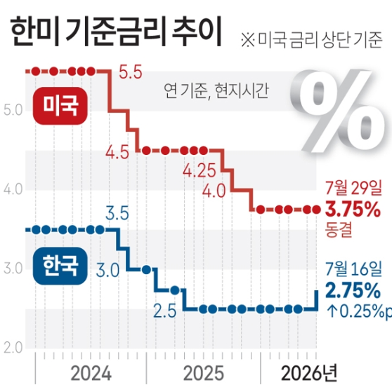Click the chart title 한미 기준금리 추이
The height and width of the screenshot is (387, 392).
(x=117, y=32)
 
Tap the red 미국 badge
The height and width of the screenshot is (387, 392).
(x=60, y=106)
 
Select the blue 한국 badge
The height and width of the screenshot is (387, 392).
(x=60, y=266)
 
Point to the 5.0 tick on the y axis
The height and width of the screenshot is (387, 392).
(x=13, y=110)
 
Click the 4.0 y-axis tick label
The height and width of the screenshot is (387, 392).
(x=13, y=189)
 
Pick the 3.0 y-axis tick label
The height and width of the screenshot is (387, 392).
(x=13, y=269)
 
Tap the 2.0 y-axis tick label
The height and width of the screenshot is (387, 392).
(x=13, y=348)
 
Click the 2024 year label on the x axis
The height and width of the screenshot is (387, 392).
(x=91, y=374)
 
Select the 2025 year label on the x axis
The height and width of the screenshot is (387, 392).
(x=204, y=374)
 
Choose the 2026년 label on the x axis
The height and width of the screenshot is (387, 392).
(x=309, y=373)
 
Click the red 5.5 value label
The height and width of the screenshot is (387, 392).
(x=130, y=72)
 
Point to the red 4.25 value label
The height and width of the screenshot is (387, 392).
(x=200, y=171)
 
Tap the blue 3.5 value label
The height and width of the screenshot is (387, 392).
(x=117, y=214)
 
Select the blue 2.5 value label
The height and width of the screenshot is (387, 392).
(x=165, y=311)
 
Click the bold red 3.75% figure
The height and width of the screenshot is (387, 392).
(x=353, y=210)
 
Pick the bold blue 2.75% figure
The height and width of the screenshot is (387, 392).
(x=353, y=291)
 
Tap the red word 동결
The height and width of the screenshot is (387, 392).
(x=339, y=229)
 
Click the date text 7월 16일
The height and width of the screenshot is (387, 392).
(x=353, y=269)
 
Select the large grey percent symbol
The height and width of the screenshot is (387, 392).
(x=337, y=111)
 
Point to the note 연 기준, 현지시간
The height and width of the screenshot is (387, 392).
(x=216, y=90)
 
